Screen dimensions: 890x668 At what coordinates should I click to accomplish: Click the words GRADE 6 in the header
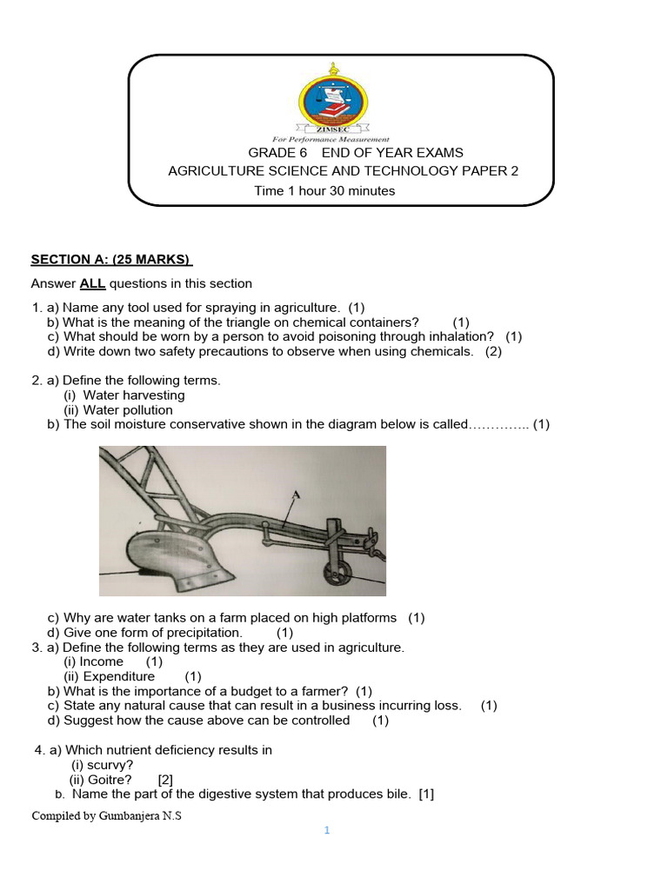pos(277,153)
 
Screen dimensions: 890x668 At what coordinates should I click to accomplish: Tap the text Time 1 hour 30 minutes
pos(324,191)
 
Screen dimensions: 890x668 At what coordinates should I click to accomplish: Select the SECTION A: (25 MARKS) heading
pos(111,259)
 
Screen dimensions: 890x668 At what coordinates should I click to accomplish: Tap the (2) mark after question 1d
pos(494,351)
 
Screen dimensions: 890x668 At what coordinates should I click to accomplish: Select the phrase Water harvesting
pos(134,395)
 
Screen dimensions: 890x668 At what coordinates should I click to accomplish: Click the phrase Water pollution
pos(128,410)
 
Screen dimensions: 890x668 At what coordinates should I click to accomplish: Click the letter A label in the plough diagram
pos(296,495)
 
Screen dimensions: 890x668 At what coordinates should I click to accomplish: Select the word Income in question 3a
pos(102,661)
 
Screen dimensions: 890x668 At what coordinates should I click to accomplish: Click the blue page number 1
pos(327,831)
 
